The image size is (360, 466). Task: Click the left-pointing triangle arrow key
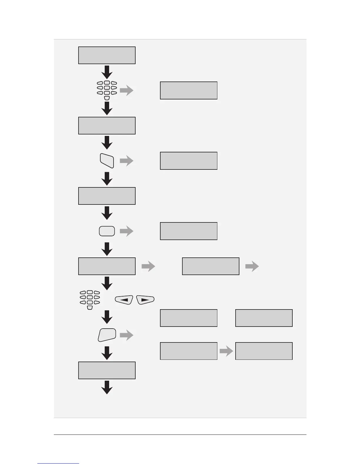[x=124, y=300]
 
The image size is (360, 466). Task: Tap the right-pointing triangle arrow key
[x=145, y=300]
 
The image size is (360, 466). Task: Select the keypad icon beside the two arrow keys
[x=90, y=299]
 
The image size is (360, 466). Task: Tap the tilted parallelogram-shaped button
[x=107, y=161]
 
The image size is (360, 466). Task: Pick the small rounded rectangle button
[x=107, y=231]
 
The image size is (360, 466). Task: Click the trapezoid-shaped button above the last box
[x=107, y=335]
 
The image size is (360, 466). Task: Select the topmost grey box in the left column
[x=107, y=55]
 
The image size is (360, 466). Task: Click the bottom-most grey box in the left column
[x=107, y=370]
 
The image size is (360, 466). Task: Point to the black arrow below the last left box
[x=107, y=387]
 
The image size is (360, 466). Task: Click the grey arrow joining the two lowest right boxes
[x=226, y=351]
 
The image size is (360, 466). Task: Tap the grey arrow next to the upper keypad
[x=126, y=91]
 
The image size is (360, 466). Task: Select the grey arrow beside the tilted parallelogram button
[x=126, y=161]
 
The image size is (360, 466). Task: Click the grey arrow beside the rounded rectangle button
[x=126, y=231]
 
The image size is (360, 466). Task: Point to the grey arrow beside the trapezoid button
[x=126, y=335]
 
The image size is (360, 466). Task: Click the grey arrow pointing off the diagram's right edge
[x=252, y=267]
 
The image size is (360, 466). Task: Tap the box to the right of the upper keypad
[x=189, y=91]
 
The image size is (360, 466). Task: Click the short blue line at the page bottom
[x=58, y=463]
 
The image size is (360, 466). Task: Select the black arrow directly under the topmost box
[x=107, y=72]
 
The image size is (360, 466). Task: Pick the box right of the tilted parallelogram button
[x=189, y=161]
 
